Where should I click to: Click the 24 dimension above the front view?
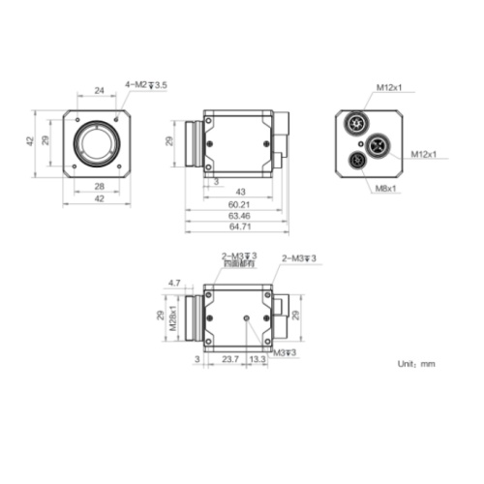pyautogui.click(x=98, y=90)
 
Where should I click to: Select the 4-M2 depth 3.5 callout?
pyautogui.click(x=145, y=85)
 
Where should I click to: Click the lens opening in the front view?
pyautogui.click(x=98, y=143)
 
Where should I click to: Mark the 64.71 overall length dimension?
pyautogui.click(x=239, y=227)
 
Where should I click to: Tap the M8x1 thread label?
pyautogui.click(x=387, y=189)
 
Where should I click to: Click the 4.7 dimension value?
pyautogui.click(x=175, y=283)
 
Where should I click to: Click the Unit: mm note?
pyautogui.click(x=416, y=364)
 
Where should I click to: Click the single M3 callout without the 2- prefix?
pyautogui.click(x=285, y=352)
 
